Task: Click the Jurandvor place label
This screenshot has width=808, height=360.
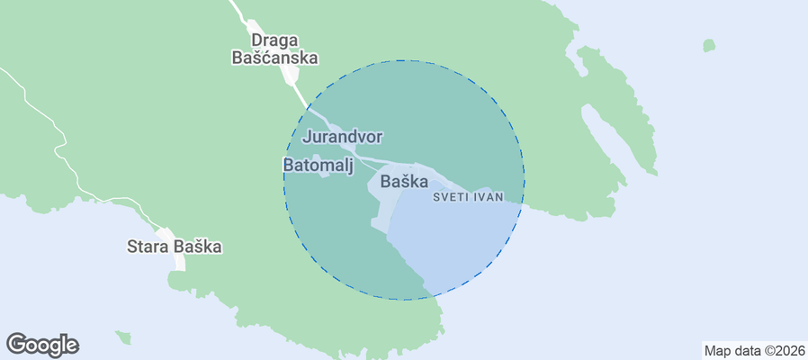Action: click(x=343, y=137)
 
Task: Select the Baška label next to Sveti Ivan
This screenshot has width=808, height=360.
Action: click(x=404, y=181)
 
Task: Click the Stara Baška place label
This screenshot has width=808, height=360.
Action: click(x=174, y=246)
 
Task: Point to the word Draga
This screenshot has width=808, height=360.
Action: click(x=274, y=40)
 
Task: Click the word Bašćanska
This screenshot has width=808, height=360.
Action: click(x=274, y=58)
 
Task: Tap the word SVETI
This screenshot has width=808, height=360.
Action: click(x=452, y=196)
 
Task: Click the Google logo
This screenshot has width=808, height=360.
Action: click(x=42, y=344)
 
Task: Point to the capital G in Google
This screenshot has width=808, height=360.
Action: click(x=17, y=344)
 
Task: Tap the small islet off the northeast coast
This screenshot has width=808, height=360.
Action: click(x=709, y=45)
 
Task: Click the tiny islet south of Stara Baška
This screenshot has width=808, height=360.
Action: click(x=123, y=337)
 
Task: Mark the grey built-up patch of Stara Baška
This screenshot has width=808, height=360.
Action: click(x=171, y=256)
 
